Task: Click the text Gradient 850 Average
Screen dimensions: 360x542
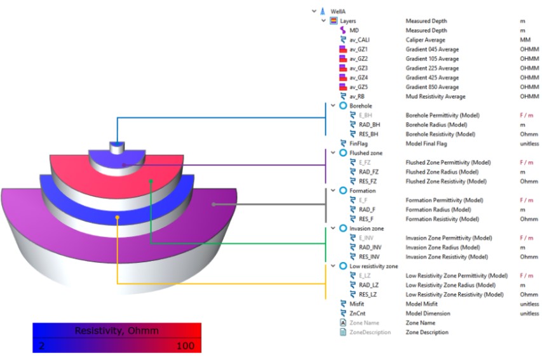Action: pos(432,87)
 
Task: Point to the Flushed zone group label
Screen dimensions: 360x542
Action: pos(364,153)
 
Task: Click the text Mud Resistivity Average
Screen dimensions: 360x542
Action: pos(435,97)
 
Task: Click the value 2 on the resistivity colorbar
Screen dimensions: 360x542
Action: pos(41,345)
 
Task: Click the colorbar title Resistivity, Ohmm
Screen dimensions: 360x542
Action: pos(117,331)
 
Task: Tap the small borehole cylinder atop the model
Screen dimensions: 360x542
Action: pos(116,147)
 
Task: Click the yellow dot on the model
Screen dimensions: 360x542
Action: pos(118,217)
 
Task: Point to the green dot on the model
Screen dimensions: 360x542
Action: pos(151,180)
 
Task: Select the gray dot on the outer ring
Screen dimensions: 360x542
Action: pos(214,204)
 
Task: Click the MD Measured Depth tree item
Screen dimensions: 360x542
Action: pos(354,30)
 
